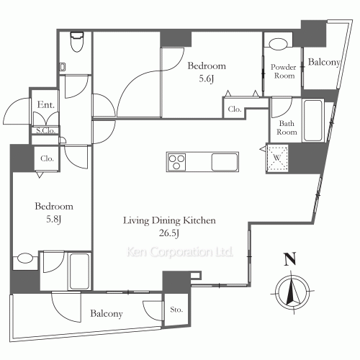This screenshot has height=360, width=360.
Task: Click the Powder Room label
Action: coord(282,71)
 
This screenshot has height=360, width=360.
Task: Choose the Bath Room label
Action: coord(287,127)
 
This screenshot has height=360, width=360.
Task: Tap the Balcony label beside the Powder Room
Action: coord(323,63)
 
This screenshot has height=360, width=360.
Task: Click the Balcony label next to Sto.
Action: coord(106,314)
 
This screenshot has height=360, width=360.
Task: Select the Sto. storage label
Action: coord(177,310)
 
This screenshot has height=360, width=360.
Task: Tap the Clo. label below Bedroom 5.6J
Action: coord(235,109)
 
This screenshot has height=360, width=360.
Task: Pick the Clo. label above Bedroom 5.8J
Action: coord(48,158)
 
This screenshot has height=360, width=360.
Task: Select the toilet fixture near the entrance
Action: coord(77,44)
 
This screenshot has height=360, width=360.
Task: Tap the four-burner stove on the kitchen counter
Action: coord(177,162)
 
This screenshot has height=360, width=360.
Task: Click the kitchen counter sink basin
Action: coord(224,162)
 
